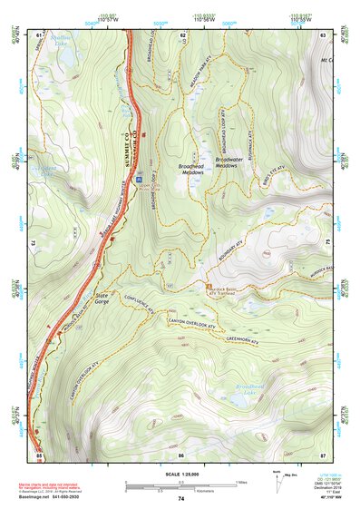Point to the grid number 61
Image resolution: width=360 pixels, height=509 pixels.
click(39, 34)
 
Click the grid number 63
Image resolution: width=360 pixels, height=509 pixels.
click(324, 34)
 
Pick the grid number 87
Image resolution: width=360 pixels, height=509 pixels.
click(324, 453)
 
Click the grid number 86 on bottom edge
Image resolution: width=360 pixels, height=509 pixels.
click(180, 453)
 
